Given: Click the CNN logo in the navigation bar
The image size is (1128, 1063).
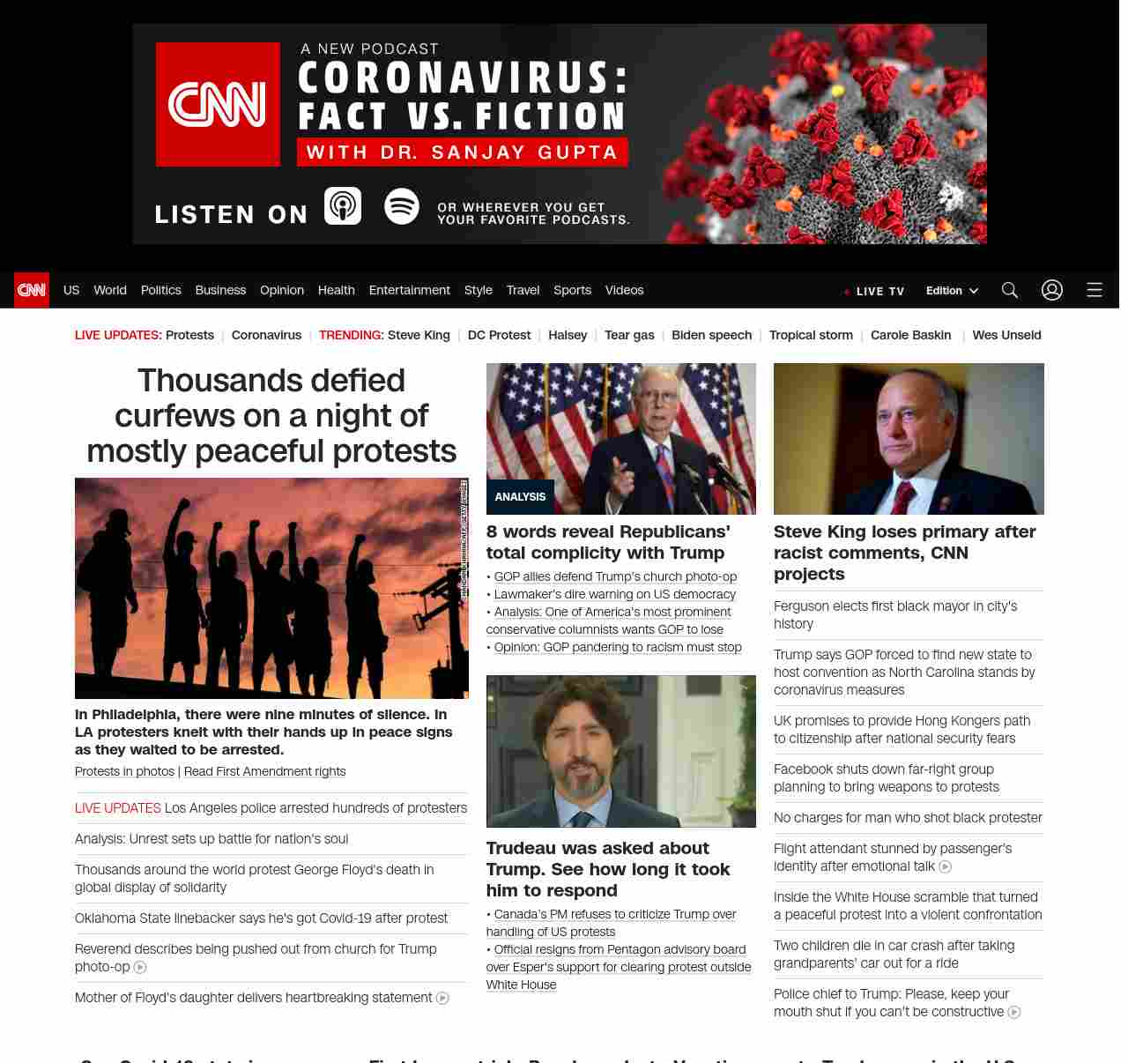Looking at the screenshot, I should [x=32, y=290].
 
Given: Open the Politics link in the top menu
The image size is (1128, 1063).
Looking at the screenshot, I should [x=160, y=290].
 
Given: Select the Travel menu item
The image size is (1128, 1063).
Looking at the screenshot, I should [x=523, y=290].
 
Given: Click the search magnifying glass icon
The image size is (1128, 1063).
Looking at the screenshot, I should [x=1010, y=290].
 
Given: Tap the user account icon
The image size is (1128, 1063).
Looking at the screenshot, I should [x=1052, y=290].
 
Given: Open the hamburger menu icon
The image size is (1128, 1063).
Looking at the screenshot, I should [x=1095, y=290].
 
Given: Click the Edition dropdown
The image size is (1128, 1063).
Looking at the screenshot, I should [x=952, y=291].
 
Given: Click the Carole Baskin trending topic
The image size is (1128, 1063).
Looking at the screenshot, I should [x=910, y=335].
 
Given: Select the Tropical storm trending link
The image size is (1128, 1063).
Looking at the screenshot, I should [x=811, y=335].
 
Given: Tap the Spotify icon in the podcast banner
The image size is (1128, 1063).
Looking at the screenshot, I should [x=402, y=206].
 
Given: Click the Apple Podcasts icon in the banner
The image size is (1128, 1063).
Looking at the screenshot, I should [x=343, y=206].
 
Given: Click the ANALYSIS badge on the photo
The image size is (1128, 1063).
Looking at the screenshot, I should [x=520, y=497].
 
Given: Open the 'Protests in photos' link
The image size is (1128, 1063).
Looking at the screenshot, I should [x=124, y=771].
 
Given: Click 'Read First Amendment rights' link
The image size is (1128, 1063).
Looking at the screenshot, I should [x=264, y=771].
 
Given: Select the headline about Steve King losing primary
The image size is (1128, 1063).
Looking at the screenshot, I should [x=904, y=553].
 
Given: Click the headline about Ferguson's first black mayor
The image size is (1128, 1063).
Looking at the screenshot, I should [x=895, y=614].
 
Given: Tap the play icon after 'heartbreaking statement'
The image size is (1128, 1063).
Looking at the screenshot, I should [x=442, y=999].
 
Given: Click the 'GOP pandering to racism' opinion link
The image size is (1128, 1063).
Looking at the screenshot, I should [x=618, y=647].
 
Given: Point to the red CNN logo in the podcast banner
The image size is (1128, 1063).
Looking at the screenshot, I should [x=218, y=104].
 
